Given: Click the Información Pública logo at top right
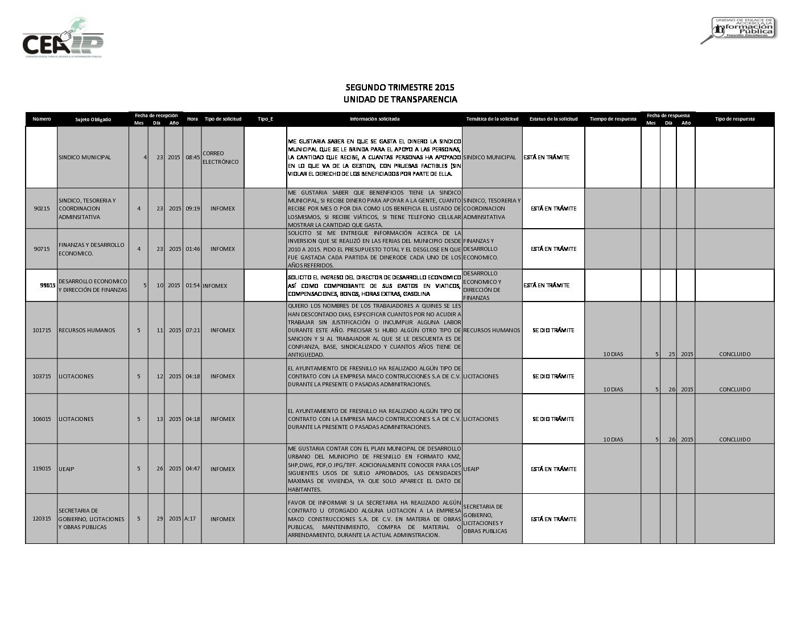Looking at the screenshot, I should pyautogui.click(x=739, y=30).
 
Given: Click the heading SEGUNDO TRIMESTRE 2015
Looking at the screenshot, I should pyautogui.click(x=400, y=88).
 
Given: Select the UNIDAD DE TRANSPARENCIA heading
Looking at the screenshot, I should pyautogui.click(x=400, y=100).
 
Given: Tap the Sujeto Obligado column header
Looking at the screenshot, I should pyautogui.click(x=93, y=119).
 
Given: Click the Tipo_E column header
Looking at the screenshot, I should pyautogui.click(x=265, y=119).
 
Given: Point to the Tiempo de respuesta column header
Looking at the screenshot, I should pyautogui.click(x=613, y=119).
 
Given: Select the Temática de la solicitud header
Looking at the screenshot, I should pyautogui.click(x=492, y=119).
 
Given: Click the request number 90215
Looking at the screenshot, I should pyautogui.click(x=42, y=209).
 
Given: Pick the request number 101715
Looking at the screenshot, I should pyautogui.click(x=42, y=331).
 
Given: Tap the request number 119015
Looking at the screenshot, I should pyautogui.click(x=42, y=469).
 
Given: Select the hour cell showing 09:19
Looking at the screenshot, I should pyautogui.click(x=192, y=209).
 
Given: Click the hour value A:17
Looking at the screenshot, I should pyautogui.click(x=190, y=519).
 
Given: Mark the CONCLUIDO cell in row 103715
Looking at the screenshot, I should pyautogui.click(x=734, y=390).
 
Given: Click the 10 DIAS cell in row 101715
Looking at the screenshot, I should pyautogui.click(x=613, y=354).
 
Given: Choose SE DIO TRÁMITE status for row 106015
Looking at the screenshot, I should pyautogui.click(x=553, y=419).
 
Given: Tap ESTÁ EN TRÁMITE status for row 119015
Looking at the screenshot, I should pyautogui.click(x=553, y=469).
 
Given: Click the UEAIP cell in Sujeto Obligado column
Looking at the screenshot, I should pyautogui.click(x=67, y=469).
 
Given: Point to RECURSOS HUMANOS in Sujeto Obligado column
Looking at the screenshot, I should pyautogui.click(x=86, y=331).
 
